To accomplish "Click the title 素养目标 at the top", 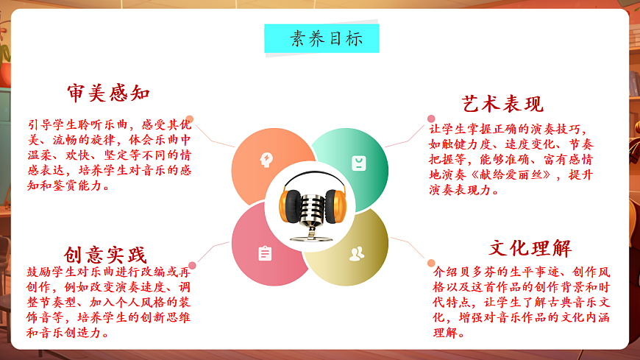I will pyautogui.click(x=321, y=38).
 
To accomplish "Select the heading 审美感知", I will pyautogui.click(x=108, y=93).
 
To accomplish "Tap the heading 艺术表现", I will pyautogui.click(x=502, y=103).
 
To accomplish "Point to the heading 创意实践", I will pyautogui.click(x=105, y=255).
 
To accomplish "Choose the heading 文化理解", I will pyautogui.click(x=530, y=247).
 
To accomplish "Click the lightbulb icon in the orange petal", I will pyautogui.click(x=265, y=159).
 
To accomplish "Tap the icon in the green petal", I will pyautogui.click(x=358, y=162).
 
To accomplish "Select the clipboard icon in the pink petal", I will pyautogui.click(x=265, y=253).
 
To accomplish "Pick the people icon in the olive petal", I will pyautogui.click(x=357, y=254).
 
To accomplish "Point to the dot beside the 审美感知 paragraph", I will pyautogui.click(x=190, y=119).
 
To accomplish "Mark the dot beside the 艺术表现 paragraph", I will pyautogui.click(x=431, y=119).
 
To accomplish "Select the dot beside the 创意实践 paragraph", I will pyautogui.click(x=192, y=265).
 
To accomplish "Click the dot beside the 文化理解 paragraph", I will pyautogui.click(x=431, y=262).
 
